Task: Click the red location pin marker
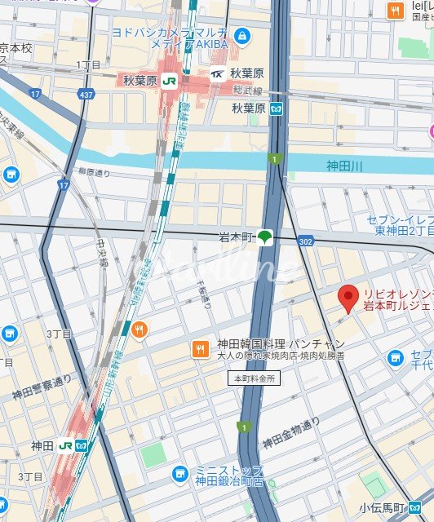pyautogui.click(x=348, y=299)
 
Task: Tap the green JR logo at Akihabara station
pyautogui.click(x=169, y=81)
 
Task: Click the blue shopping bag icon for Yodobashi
pyautogui.click(x=242, y=36)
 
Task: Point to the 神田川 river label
pyautogui.click(x=343, y=166)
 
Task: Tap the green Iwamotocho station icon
pyautogui.click(x=264, y=237)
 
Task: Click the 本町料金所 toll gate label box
pyautogui.click(x=255, y=378)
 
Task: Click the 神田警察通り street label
pyautogui.click(x=42, y=387)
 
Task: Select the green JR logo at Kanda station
pyautogui.click(x=65, y=446)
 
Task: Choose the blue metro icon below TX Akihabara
pyautogui.click(x=277, y=108)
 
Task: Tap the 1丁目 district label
pyautogui.click(x=88, y=64)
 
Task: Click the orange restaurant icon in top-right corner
pyautogui.click(x=395, y=11)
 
